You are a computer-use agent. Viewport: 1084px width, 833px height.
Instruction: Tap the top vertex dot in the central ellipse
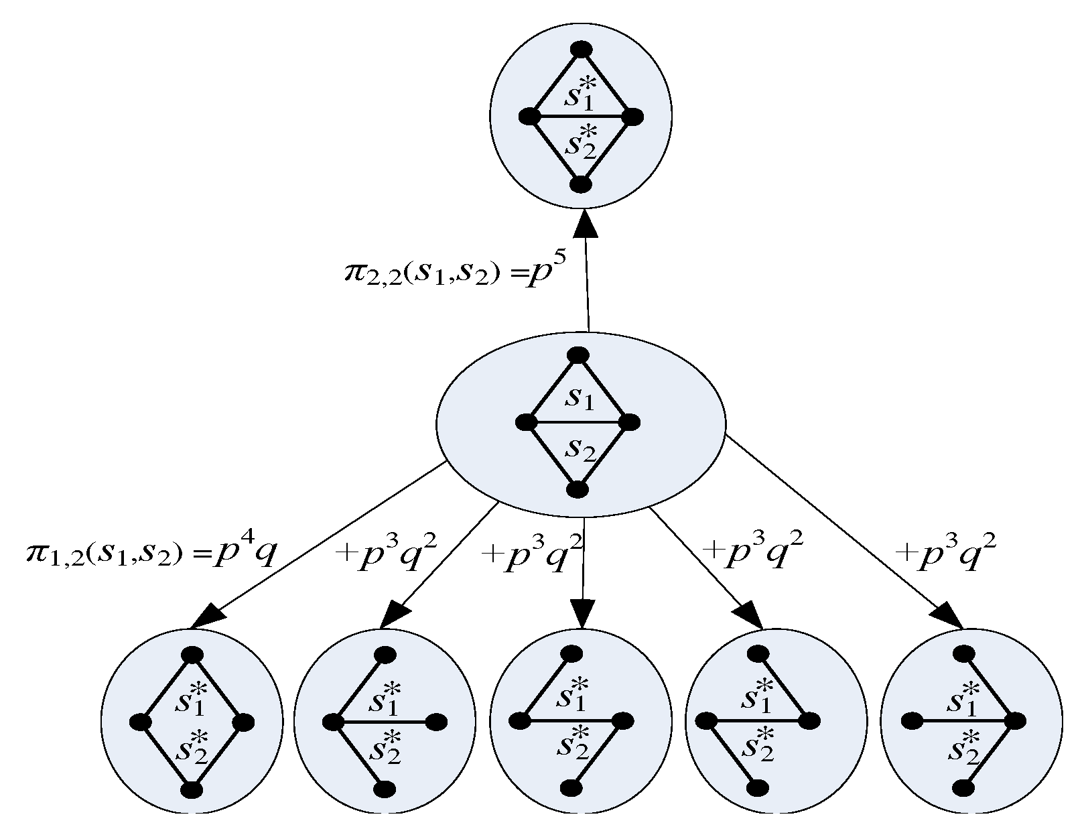[x=578, y=355]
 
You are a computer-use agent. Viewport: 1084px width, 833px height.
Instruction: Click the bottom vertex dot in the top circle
[x=581, y=184]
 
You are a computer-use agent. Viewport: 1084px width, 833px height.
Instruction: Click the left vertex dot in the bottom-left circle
[x=140, y=722]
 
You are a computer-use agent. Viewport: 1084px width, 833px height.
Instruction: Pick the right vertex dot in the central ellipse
[x=629, y=422]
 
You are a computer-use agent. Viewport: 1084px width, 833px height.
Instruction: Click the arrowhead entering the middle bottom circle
[x=582, y=615]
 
